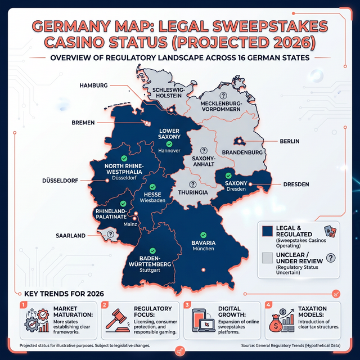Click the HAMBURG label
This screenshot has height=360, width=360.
click(93, 85)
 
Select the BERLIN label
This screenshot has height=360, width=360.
click(289, 141)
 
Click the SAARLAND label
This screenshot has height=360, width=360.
click(71, 236)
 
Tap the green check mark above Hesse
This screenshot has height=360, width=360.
click(153, 187)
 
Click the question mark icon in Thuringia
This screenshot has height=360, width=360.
click(192, 184)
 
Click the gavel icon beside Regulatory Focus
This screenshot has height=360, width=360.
click(114, 321)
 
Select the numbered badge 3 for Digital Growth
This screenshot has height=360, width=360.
click(187, 304)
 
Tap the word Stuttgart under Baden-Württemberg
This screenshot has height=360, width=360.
click(151, 271)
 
